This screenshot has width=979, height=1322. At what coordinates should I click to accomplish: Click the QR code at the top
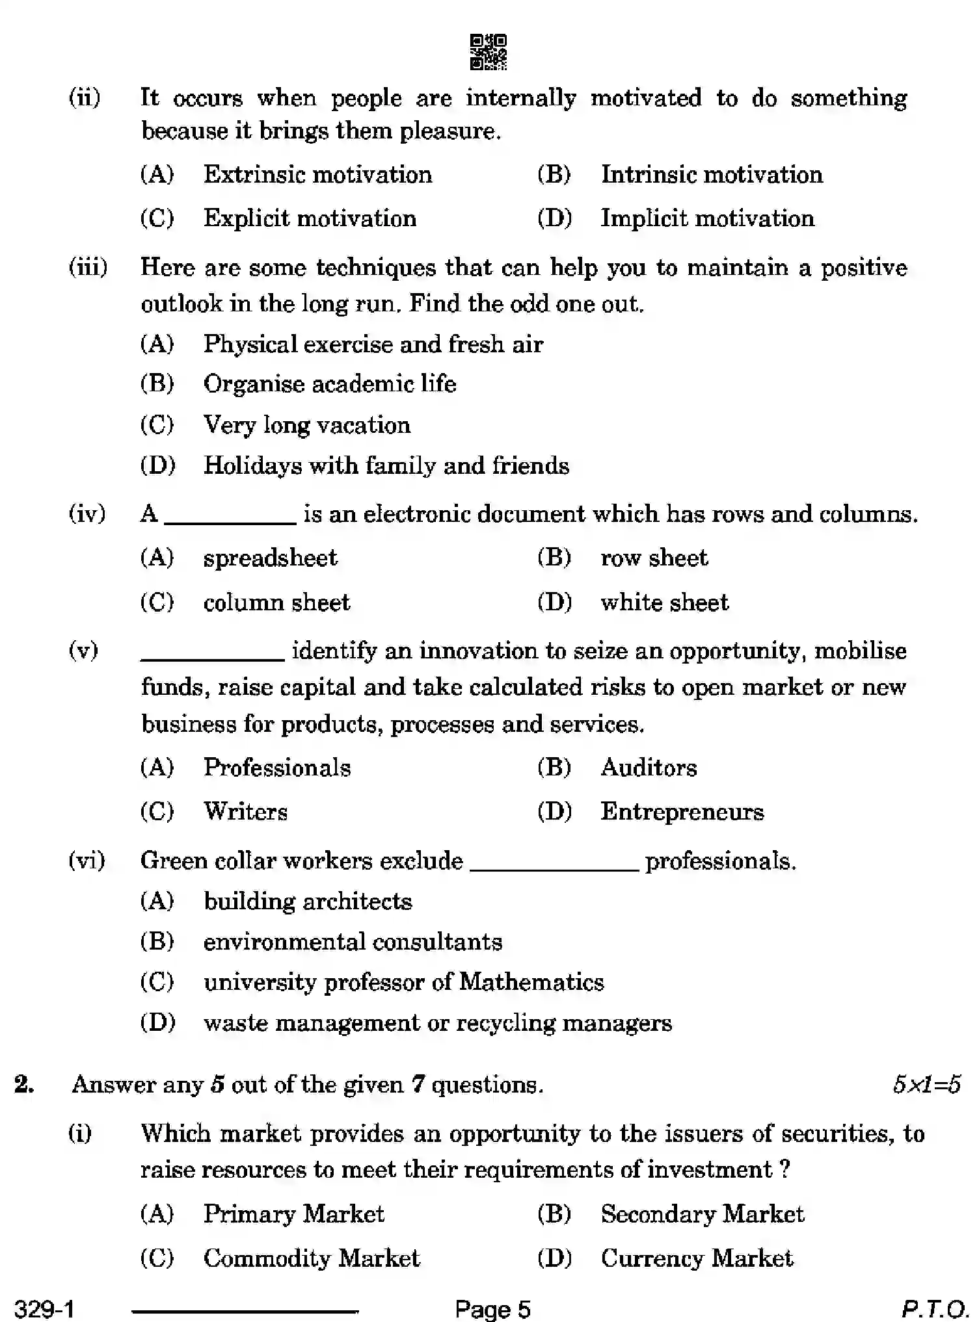coord(488,52)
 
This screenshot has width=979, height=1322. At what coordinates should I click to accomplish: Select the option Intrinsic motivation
coord(711,175)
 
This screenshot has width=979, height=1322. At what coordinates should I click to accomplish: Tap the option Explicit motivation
coord(310,218)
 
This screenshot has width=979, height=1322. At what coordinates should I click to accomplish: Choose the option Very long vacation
coord(306,425)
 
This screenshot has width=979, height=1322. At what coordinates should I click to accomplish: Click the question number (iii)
coord(88,268)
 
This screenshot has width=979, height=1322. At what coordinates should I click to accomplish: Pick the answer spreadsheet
coord(270,558)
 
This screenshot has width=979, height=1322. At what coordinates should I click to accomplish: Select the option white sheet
coord(664,603)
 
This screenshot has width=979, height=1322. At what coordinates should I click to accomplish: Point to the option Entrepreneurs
coord(682,812)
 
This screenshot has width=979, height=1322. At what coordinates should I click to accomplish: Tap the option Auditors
coord(649,768)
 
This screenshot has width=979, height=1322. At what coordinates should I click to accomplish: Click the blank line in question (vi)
coord(554,869)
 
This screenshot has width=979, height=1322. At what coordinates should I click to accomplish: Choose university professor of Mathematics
coord(403,982)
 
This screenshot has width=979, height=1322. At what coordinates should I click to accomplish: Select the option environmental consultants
coord(353,942)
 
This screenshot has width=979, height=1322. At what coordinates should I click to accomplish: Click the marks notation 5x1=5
coord(926,1085)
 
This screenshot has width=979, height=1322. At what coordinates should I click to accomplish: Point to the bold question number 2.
coord(24,1085)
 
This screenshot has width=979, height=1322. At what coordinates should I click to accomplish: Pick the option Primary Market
coord(293,1214)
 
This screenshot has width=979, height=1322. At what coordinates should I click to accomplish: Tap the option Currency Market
coord(696,1258)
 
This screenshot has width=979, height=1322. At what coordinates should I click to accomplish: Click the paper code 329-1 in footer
coord(44,1308)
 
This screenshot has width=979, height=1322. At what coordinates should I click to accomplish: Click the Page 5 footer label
coord(492,1308)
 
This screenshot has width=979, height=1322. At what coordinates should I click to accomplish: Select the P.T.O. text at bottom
coord(934,1308)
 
